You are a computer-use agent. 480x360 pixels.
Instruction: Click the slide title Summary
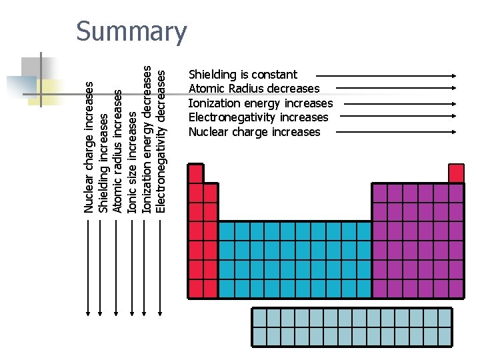tap(131, 32)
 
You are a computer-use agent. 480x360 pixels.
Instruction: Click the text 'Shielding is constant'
tap(243, 75)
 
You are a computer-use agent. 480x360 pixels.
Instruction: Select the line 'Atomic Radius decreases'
tap(254, 89)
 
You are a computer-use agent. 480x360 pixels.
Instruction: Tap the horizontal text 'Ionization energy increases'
tap(260, 103)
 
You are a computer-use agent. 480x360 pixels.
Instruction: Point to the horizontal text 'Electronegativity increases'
tap(258, 117)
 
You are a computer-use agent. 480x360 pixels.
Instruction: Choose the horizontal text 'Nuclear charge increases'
tap(254, 132)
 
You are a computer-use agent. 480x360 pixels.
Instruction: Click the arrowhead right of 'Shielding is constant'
tap(455, 75)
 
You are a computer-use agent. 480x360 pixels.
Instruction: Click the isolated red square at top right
tap(456, 173)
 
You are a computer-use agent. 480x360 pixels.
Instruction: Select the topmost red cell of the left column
tap(196, 174)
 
